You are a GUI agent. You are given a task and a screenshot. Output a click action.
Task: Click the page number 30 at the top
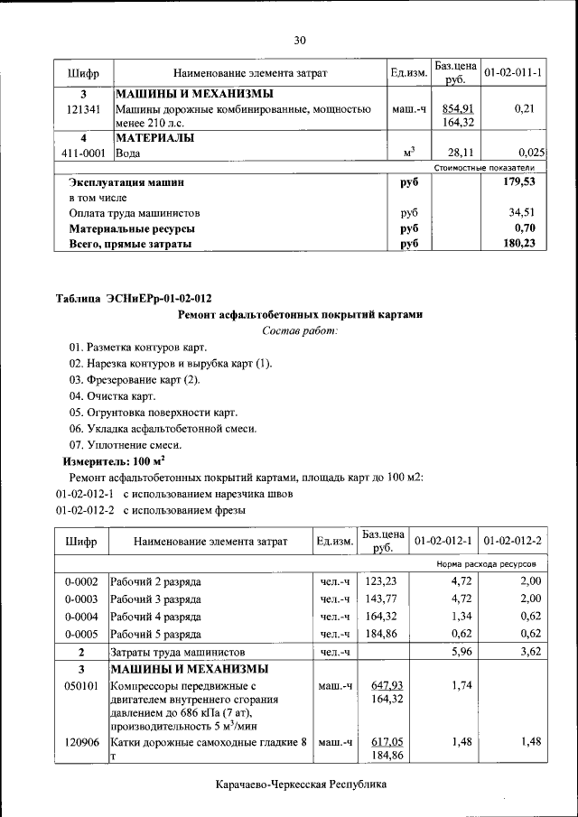point(300,40)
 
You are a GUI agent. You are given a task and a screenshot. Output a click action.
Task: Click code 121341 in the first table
point(83,109)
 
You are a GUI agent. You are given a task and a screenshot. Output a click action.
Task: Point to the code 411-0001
point(83,153)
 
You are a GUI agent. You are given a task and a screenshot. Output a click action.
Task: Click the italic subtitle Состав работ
point(300,330)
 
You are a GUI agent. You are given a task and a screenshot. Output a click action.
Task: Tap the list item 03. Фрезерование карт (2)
point(135,379)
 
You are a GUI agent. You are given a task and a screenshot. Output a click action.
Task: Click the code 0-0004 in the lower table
point(82,617)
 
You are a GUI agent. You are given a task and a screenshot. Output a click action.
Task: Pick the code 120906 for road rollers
point(82,742)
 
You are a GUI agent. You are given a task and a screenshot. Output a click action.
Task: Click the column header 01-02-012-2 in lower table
point(512,541)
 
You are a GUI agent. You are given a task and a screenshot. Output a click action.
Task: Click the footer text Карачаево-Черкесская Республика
point(301,785)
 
